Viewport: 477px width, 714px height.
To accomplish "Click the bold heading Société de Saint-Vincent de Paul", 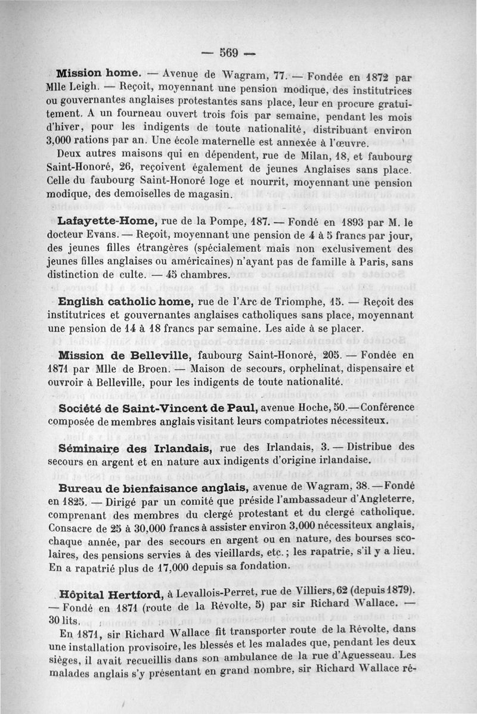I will (158, 408).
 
